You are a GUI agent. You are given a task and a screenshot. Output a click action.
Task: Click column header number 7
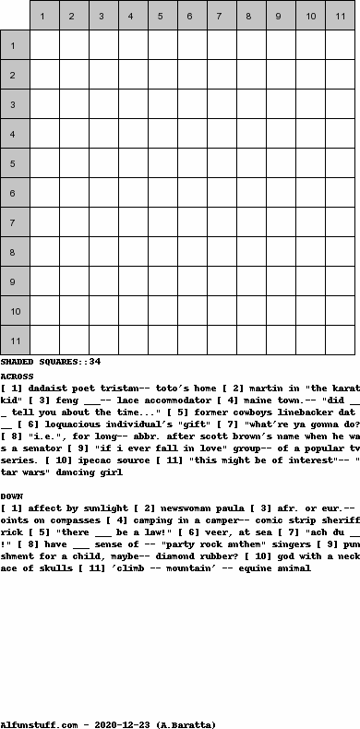coord(222,16)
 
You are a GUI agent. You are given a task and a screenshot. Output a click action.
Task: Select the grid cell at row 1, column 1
coord(44,45)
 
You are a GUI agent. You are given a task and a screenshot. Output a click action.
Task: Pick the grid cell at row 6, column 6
coord(192,193)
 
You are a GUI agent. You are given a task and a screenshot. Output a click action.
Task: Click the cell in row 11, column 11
coord(340,341)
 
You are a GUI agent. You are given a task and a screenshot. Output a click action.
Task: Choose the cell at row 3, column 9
coord(281,104)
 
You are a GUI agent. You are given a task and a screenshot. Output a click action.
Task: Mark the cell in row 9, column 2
coord(74,281)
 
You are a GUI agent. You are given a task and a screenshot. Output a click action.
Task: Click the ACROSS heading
coord(18,376)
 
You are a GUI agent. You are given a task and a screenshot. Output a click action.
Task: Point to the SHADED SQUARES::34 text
coord(51,362)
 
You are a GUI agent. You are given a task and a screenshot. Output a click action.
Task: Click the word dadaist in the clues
coord(53,388)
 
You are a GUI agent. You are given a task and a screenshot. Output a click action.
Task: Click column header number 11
coord(340,16)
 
